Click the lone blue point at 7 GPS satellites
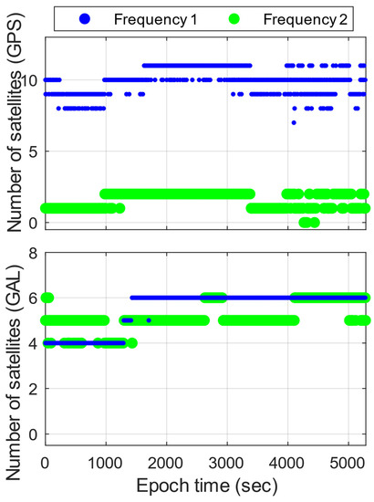[x=294, y=122]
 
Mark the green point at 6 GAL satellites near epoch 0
[x=47, y=298]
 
